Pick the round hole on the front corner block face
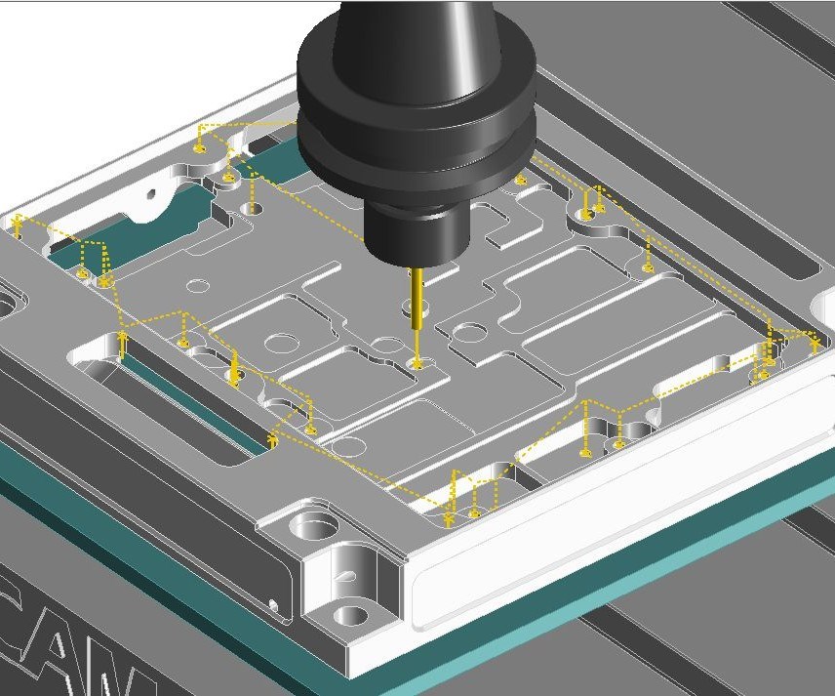coord(350,616)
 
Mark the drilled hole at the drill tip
coord(418,364)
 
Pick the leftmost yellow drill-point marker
coord(18,228)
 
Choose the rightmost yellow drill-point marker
coord(815,345)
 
